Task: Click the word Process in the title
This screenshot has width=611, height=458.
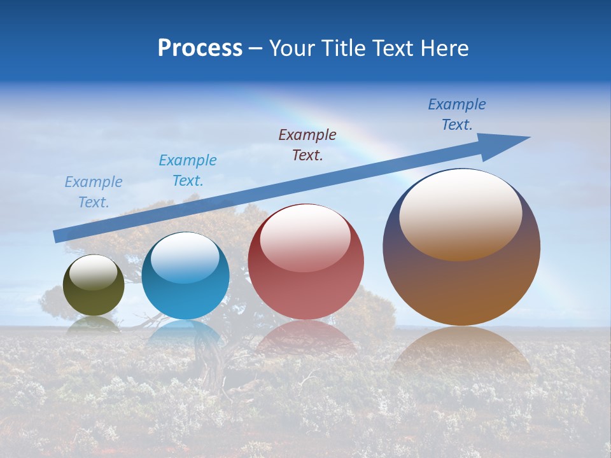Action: pos(200,48)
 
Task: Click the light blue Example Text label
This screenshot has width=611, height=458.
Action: pos(188,170)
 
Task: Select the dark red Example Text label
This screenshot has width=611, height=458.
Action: pos(307,145)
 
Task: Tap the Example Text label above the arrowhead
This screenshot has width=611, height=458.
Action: pos(457,114)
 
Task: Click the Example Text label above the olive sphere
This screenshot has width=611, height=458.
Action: pos(94,192)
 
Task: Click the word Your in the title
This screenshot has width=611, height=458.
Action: pos(291,48)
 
